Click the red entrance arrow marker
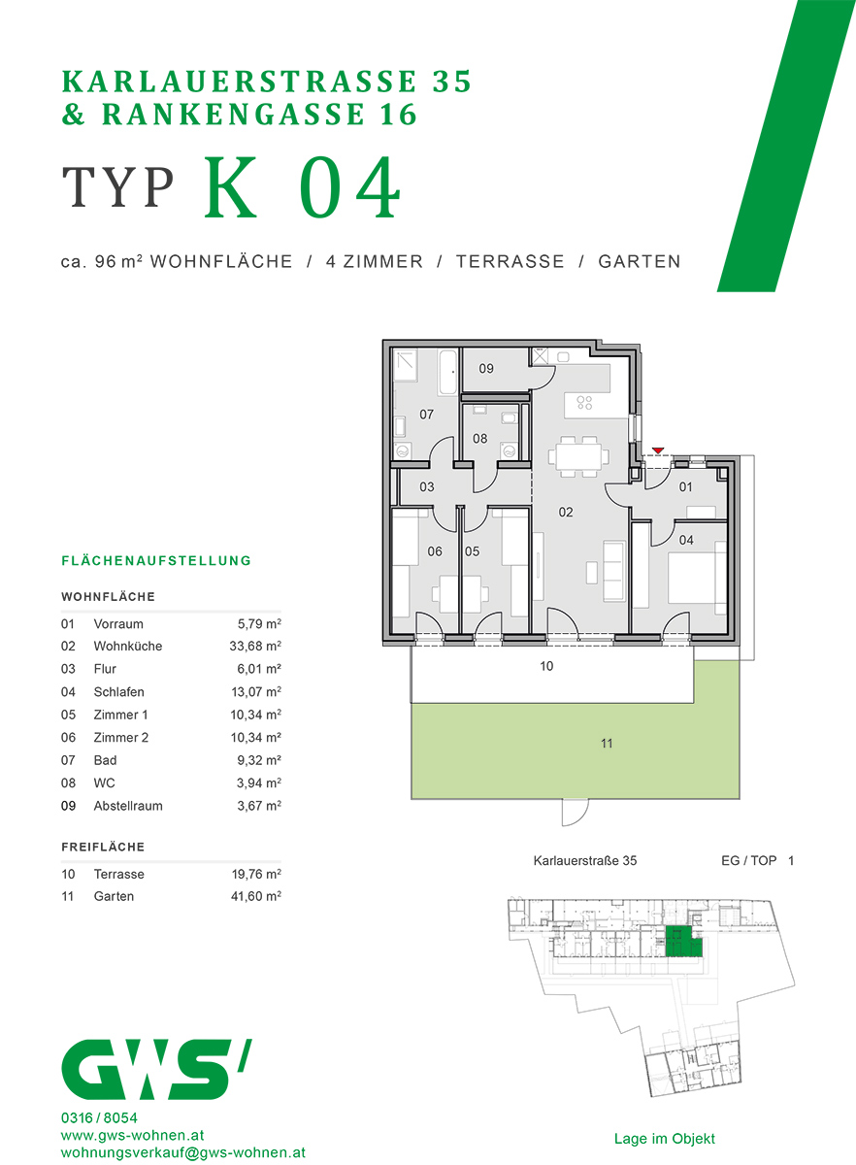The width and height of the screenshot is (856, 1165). [x=659, y=450]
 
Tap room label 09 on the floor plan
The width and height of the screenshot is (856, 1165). [x=486, y=369]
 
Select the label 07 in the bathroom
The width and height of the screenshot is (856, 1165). [x=426, y=415]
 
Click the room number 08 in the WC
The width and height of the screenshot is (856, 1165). [x=479, y=439]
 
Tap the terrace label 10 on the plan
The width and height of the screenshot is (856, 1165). [x=546, y=667]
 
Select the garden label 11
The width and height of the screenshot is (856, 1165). [x=607, y=744]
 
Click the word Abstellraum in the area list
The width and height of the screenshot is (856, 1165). [x=128, y=806]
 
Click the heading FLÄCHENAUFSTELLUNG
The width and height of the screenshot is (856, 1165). [x=156, y=561]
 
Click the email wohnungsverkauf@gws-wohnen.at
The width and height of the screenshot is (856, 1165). [x=183, y=1152]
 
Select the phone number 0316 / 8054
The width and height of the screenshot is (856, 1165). [x=99, y=1117]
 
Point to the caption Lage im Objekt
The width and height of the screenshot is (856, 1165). [x=664, y=1139]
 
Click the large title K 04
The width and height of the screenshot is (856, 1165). [x=303, y=187]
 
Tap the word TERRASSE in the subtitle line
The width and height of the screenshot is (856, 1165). [x=510, y=261]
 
